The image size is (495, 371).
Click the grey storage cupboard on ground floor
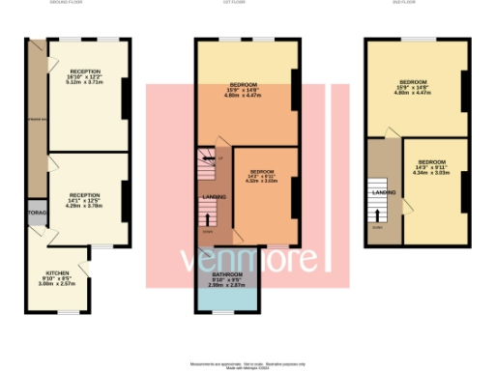pos(37,214)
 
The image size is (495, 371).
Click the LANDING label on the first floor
pos(214,198)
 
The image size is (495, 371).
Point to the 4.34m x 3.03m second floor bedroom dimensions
pos(431,173)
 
